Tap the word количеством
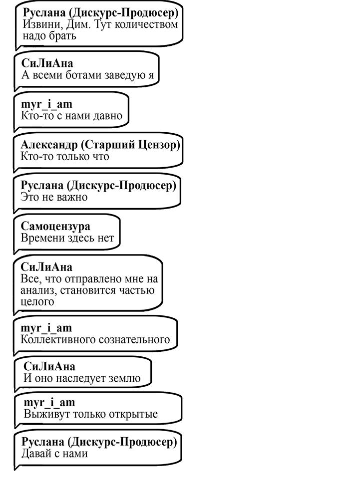click(x=146, y=24)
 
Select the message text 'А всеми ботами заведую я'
click(x=87, y=75)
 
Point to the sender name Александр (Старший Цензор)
click(x=100, y=145)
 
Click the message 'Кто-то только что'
click(x=65, y=156)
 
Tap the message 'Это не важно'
click(x=54, y=197)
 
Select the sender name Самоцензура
click(x=55, y=226)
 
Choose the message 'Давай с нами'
click(x=54, y=453)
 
